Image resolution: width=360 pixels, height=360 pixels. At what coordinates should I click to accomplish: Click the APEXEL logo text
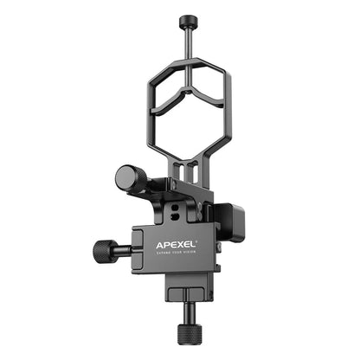coord(176,234)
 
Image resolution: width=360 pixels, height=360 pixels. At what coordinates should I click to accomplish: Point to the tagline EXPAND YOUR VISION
coord(176,244)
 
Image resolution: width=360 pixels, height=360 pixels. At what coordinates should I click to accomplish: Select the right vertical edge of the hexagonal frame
coord(229,108)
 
